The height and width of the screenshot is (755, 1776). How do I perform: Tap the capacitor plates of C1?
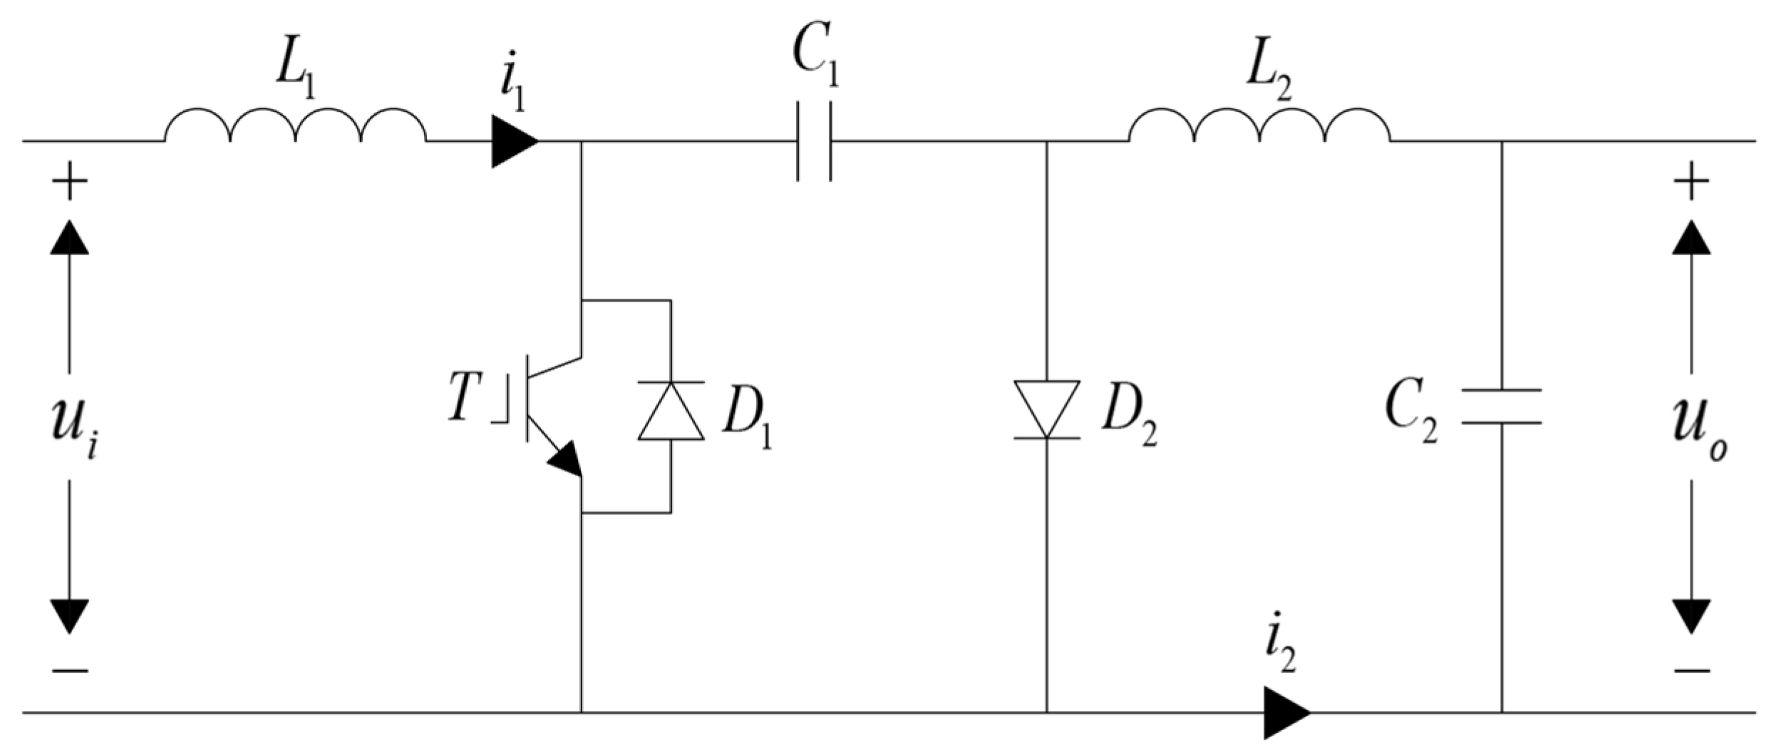coord(813,141)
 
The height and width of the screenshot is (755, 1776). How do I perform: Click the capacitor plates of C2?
coord(1502,407)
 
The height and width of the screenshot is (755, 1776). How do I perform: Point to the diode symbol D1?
coord(671,411)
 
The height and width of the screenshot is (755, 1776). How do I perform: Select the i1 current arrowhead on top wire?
coord(514,142)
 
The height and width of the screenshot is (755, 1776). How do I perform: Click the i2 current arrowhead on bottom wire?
coord(1286,712)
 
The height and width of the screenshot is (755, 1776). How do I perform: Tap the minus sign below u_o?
coord(1692,671)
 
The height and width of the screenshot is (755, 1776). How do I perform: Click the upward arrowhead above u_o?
coord(1691,237)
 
